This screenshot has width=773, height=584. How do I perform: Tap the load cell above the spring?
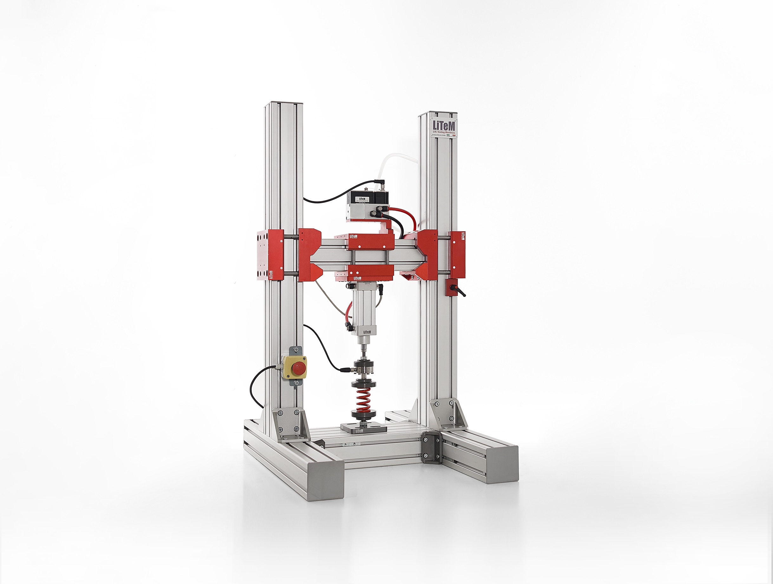[x=365, y=368]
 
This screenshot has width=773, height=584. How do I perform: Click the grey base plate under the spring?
[x=363, y=429]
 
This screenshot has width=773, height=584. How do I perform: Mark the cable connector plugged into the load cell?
[x=347, y=368]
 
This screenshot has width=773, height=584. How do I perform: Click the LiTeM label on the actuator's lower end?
[x=366, y=331]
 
